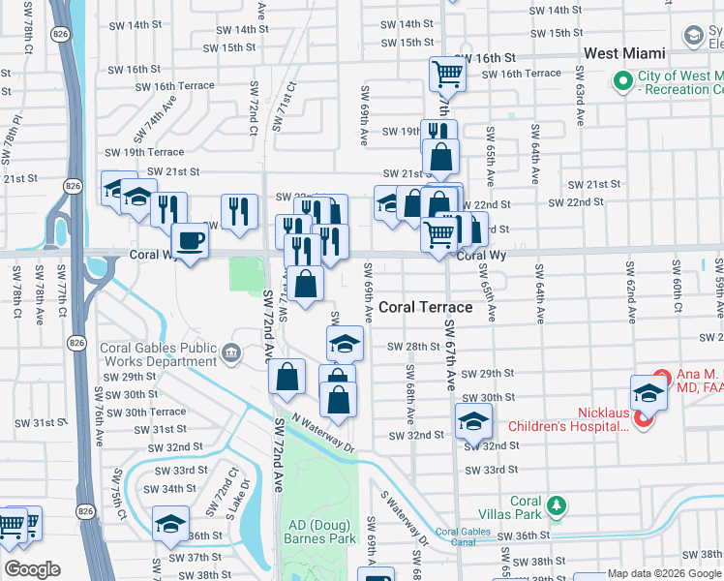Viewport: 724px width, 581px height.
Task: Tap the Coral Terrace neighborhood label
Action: tap(425, 307)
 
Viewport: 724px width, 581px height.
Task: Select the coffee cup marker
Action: tap(190, 240)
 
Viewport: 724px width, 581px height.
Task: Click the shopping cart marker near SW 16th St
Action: tap(447, 73)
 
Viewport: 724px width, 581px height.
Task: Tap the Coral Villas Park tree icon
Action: tap(556, 505)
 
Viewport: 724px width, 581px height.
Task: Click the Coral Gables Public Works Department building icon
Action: tap(230, 352)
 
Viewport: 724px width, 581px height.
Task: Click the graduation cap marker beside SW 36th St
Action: tap(171, 524)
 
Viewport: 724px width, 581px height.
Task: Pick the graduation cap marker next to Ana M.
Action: tap(649, 392)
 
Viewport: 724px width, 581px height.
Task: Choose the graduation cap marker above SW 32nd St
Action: tap(473, 419)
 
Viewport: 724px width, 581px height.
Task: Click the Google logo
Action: tap(31, 569)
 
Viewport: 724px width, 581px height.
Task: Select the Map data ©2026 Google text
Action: tap(664, 573)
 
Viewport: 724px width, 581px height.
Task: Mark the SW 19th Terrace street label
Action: tap(143, 152)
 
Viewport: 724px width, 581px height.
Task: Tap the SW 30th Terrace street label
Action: tap(145, 412)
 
